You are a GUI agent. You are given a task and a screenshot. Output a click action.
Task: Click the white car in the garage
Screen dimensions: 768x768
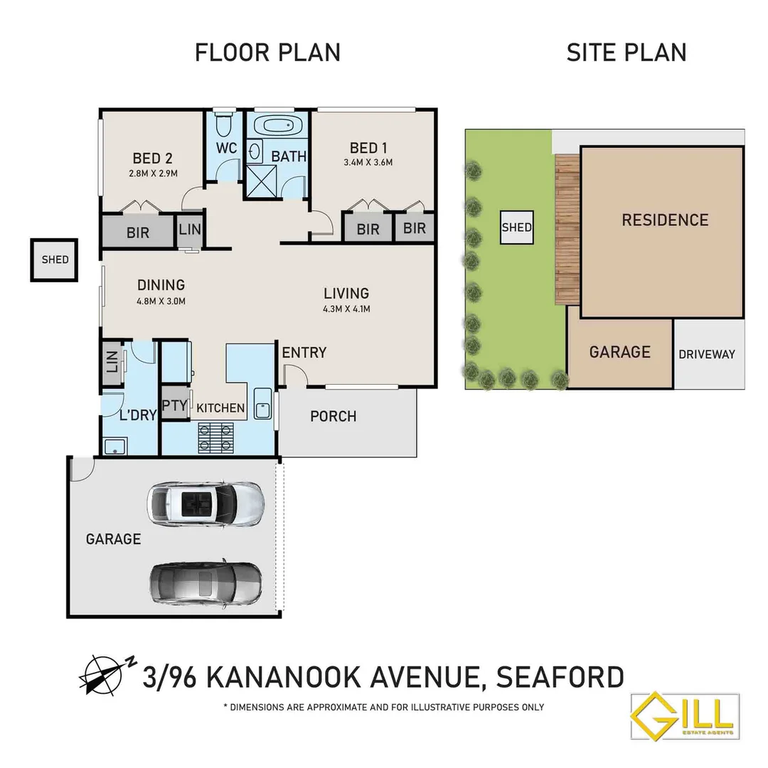pyautogui.click(x=205, y=503)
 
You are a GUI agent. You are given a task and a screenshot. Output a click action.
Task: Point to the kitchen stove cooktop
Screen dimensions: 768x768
pyautogui.click(x=214, y=437)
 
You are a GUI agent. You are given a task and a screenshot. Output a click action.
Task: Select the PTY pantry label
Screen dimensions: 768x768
pyautogui.click(x=174, y=406)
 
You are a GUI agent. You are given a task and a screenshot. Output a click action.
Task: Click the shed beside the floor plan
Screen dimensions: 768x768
pyautogui.click(x=55, y=260)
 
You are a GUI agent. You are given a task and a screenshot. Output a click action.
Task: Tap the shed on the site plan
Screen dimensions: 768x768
pyautogui.click(x=516, y=228)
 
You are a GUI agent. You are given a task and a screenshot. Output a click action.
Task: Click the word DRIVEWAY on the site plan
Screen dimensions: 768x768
pyautogui.click(x=706, y=354)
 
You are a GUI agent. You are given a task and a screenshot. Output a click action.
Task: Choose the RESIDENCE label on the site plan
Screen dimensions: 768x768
pyautogui.click(x=665, y=220)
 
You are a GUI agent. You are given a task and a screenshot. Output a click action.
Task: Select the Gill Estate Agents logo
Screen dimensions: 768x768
pyautogui.click(x=685, y=717)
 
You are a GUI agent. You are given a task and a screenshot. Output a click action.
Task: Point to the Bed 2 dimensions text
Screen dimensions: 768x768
pyautogui.click(x=153, y=173)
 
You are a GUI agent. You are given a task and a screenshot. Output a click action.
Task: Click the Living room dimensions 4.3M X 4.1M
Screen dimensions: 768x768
pyautogui.click(x=346, y=309)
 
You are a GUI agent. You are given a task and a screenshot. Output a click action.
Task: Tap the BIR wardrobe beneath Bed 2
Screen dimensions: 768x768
pyautogui.click(x=138, y=232)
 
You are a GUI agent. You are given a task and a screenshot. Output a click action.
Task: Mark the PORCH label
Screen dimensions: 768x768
pyautogui.click(x=333, y=416)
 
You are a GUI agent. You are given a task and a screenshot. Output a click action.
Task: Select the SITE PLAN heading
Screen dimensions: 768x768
pyautogui.click(x=626, y=53)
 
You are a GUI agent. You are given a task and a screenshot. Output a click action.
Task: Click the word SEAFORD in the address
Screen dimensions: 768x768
pyautogui.click(x=560, y=676)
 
